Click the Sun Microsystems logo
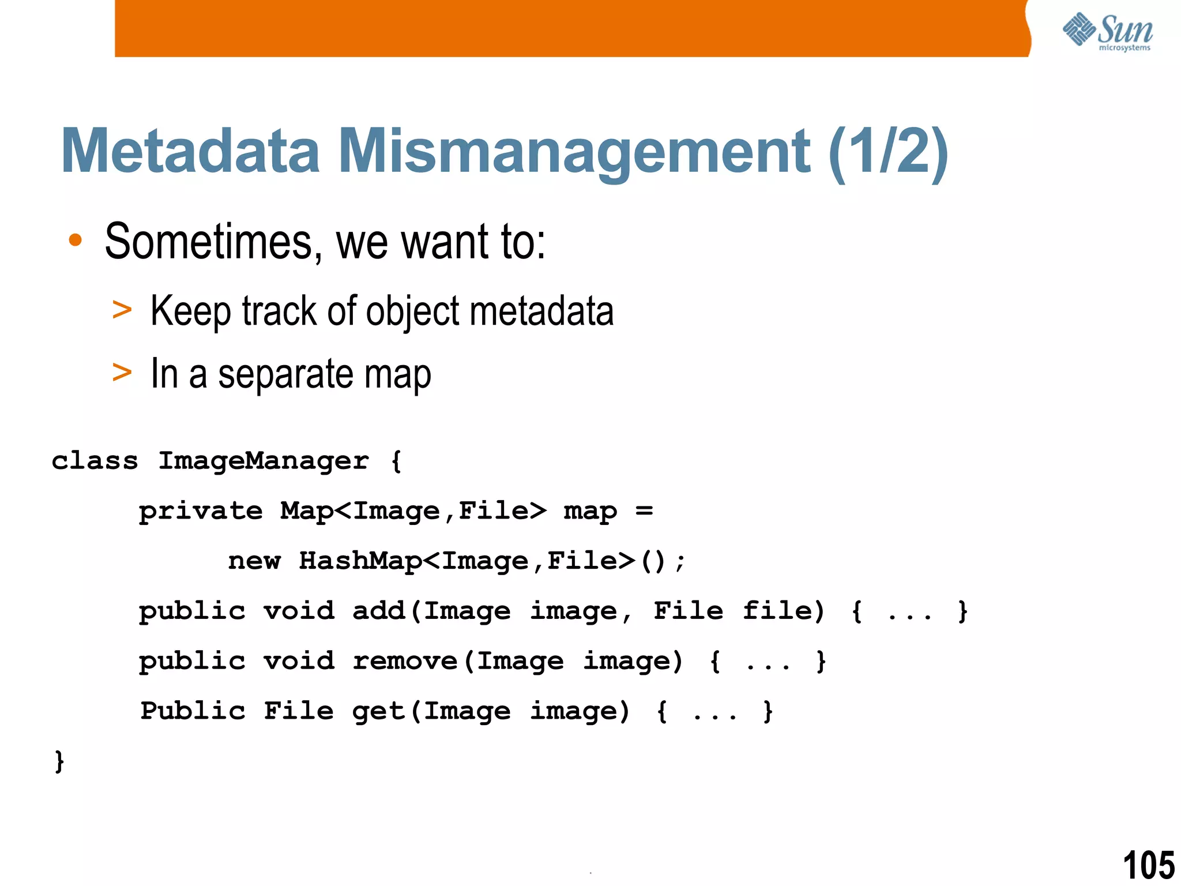point(1107,32)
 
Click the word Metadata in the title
point(190,151)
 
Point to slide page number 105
point(1148,865)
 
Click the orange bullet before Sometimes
point(75,241)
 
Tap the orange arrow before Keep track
point(122,310)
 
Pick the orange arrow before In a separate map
point(122,373)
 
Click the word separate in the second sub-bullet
point(285,375)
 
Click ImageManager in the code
point(264,461)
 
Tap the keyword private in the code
point(201,511)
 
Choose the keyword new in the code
point(254,561)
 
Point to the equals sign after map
point(644,510)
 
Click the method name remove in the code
point(405,661)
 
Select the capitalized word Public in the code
point(193,711)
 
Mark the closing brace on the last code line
point(59,761)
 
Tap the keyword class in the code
point(95,461)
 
